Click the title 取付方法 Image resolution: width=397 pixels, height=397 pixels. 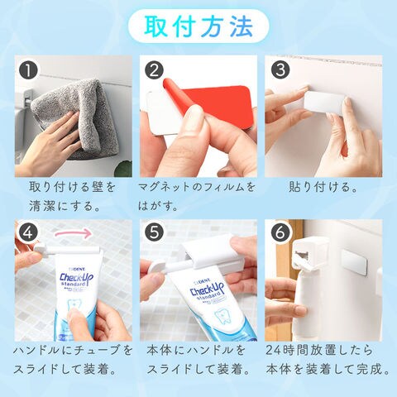point(198,26)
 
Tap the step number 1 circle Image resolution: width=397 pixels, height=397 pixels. point(28,70)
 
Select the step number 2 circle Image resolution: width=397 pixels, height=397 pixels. point(154,70)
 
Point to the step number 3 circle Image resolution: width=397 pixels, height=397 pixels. point(280,70)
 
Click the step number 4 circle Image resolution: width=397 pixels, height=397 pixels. point(28,233)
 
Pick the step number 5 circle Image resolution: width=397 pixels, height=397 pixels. point(154,233)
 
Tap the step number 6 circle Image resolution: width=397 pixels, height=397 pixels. point(280,233)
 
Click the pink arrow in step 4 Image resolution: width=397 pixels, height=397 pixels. point(73,233)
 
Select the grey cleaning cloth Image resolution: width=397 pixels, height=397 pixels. point(76,118)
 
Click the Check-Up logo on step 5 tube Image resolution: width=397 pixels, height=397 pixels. point(208,289)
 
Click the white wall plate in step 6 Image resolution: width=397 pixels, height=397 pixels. point(354,262)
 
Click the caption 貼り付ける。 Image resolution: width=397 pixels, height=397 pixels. point(323,188)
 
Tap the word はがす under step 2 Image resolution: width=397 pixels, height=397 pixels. point(153,206)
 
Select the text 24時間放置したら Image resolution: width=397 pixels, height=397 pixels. point(319,351)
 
